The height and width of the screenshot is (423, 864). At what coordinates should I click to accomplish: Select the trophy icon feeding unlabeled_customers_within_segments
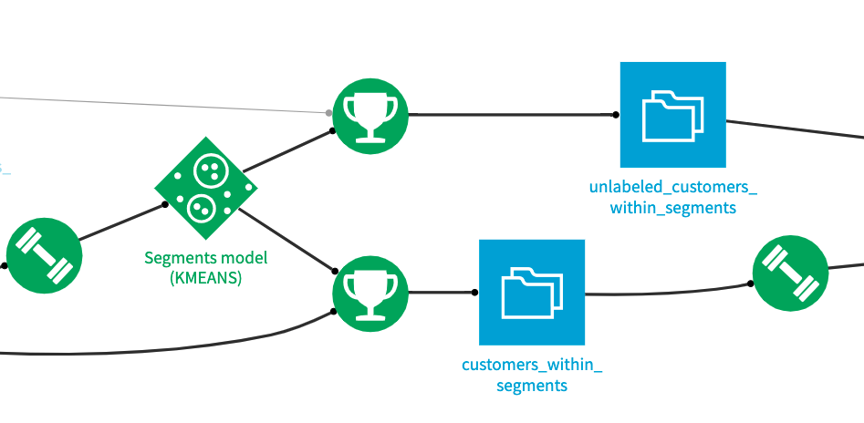[370, 115]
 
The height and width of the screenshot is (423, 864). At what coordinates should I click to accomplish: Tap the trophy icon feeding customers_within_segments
[370, 293]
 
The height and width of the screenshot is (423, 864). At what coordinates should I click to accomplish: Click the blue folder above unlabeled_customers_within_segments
[672, 115]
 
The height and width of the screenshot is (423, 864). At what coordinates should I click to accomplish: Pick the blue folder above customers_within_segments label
[531, 292]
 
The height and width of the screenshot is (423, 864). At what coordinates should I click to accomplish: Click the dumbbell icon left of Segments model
[44, 256]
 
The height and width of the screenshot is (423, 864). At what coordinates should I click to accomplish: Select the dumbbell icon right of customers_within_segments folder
[790, 273]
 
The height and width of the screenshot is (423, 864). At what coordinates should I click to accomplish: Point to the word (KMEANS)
[206, 279]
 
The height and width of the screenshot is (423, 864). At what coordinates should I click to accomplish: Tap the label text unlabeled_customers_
[672, 188]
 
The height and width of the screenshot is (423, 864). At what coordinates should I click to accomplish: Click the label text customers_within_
[532, 365]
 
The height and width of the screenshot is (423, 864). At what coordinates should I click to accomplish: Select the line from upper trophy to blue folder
[511, 115]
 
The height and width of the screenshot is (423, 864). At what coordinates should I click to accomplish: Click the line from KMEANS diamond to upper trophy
[287, 153]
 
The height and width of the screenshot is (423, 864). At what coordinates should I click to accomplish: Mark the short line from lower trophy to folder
[442, 293]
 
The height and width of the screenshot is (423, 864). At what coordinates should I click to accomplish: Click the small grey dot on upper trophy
[329, 113]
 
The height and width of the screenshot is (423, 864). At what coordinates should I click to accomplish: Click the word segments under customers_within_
[532, 386]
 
